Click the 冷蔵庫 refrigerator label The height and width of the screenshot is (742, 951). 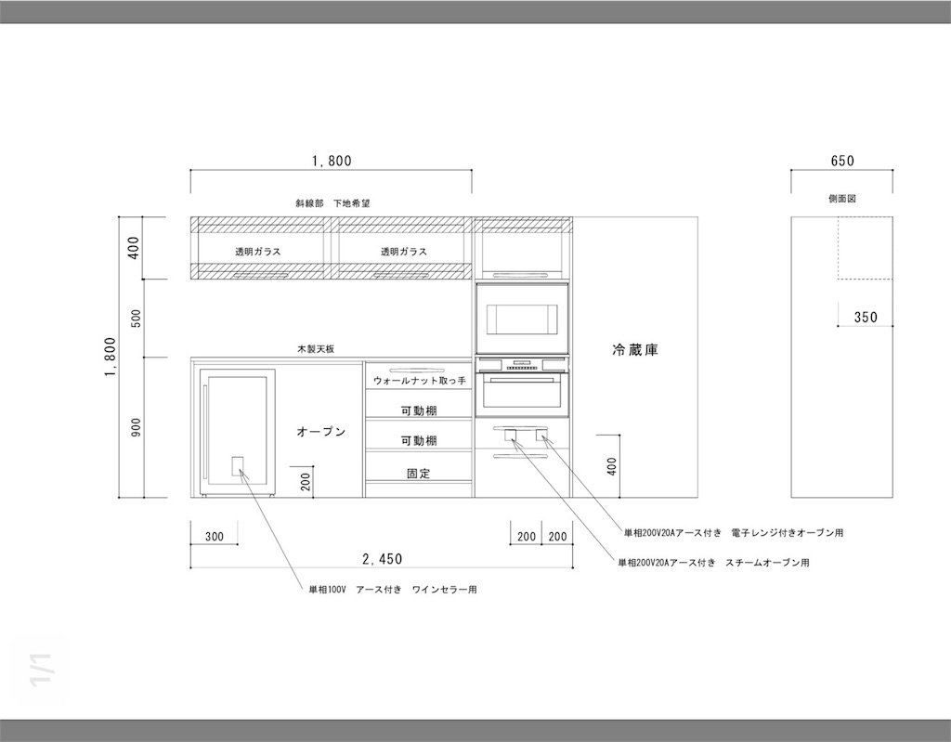(635, 350)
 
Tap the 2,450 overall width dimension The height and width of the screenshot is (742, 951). (382, 559)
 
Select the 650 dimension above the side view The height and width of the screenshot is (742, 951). (842, 161)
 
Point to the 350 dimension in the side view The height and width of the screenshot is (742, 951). (866, 318)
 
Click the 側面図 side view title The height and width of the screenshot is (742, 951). (842, 199)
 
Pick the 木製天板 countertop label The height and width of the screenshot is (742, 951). (316, 349)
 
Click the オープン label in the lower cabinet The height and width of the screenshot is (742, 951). (320, 432)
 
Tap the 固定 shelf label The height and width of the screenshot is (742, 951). (419, 474)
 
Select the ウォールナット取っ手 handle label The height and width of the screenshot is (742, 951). (419, 381)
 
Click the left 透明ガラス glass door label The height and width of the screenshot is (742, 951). (258, 251)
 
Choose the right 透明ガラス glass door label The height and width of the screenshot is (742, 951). (404, 251)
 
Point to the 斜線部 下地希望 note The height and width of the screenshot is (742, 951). (332, 203)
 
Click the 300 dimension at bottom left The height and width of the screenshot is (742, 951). (215, 537)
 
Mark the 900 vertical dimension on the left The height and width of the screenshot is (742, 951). (136, 427)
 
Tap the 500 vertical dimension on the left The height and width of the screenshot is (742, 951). (136, 319)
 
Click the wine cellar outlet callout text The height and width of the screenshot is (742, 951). (393, 589)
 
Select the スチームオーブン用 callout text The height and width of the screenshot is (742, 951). (713, 563)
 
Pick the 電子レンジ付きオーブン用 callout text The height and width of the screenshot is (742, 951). (734, 533)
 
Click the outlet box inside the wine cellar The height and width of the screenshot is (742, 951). (238, 466)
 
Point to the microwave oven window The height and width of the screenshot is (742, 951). (522, 319)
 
